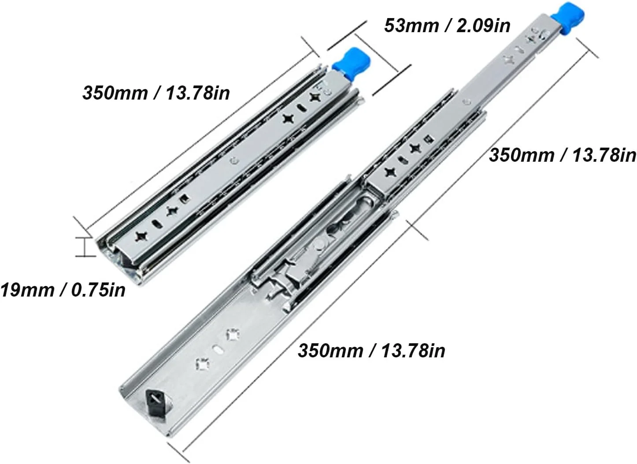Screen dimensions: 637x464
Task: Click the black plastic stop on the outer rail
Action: [x=156, y=403]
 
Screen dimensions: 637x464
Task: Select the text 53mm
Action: [x=411, y=25]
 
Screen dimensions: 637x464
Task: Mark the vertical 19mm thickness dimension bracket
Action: [x=84, y=247]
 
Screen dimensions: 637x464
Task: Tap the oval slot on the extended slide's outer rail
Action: [x=218, y=349]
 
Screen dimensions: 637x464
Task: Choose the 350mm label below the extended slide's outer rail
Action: [x=371, y=350]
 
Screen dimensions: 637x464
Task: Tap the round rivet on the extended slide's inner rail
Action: [x=466, y=101]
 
